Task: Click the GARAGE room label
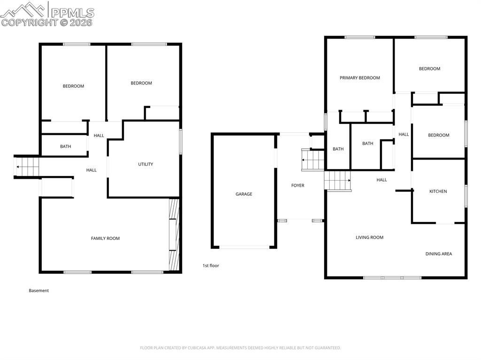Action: (x=244, y=194)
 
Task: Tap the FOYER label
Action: (x=297, y=185)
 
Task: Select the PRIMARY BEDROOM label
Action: (x=360, y=78)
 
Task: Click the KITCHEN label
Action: (x=438, y=191)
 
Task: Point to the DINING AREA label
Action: (x=439, y=254)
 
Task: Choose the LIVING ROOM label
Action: (x=369, y=237)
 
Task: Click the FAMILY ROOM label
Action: (x=105, y=238)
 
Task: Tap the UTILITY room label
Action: (x=145, y=164)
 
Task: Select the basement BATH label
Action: (x=65, y=146)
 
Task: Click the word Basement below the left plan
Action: (x=39, y=291)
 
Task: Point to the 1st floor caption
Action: (x=210, y=266)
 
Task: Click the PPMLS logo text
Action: (x=72, y=13)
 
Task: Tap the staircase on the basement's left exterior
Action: (x=26, y=167)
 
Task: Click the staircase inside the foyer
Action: (x=313, y=160)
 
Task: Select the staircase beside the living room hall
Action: (x=338, y=181)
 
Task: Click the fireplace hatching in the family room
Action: (x=174, y=235)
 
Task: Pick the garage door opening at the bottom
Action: (x=244, y=247)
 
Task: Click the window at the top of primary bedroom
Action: (x=359, y=37)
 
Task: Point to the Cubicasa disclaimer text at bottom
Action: (x=240, y=348)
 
